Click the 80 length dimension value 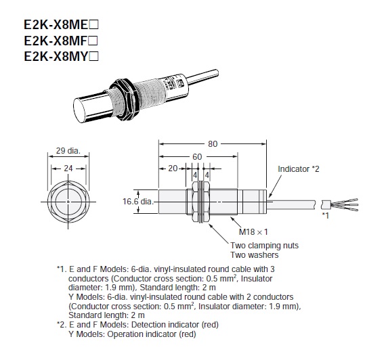(213, 144)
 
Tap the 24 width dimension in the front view (67, 169)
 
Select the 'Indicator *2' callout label (298, 168)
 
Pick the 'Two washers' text (254, 255)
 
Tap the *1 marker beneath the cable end (326, 215)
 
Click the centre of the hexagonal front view (66, 201)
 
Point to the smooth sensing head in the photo (90, 106)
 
